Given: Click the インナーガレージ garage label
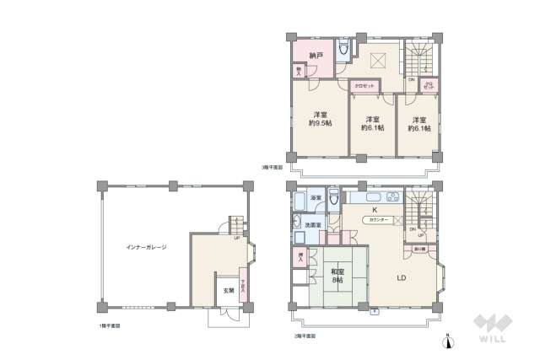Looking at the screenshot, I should click(146, 247).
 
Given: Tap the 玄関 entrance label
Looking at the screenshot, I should click(229, 291).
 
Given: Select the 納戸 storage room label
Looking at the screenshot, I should click(317, 56).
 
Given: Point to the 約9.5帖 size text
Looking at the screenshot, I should click(321, 124).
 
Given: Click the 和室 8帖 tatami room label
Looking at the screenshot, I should click(337, 276).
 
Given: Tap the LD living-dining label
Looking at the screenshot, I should click(403, 276).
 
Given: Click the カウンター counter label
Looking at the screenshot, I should click(376, 220).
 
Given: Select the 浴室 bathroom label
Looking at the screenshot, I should click(315, 197).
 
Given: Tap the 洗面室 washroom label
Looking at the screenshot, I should click(312, 225).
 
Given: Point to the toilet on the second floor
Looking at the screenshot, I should click(335, 199).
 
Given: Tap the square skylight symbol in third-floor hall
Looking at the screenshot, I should click(379, 60).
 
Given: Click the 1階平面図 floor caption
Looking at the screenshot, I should click(109, 325).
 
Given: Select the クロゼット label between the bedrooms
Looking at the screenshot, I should click(364, 85).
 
